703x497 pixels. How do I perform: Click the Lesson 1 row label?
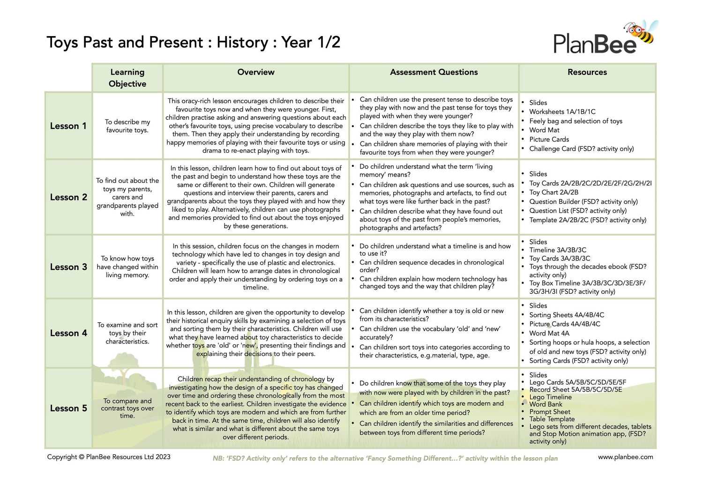68,126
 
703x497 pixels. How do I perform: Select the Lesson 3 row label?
68,267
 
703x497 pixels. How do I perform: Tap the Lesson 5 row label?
68,408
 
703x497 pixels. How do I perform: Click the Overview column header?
256,72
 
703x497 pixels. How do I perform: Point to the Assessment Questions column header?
434,72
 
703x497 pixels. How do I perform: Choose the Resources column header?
587,72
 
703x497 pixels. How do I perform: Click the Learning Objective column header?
127,78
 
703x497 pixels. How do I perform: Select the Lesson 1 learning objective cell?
127,126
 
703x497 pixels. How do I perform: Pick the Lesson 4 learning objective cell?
127,333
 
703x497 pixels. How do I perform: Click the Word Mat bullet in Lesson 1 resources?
544,130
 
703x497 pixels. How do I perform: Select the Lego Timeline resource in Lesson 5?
550,397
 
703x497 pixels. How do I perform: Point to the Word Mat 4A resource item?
549,334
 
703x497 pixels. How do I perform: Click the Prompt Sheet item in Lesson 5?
550,412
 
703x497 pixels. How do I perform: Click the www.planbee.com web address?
625,457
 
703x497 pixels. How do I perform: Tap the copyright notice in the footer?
109,457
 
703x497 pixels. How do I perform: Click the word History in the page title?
242,42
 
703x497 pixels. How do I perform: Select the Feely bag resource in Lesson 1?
576,121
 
